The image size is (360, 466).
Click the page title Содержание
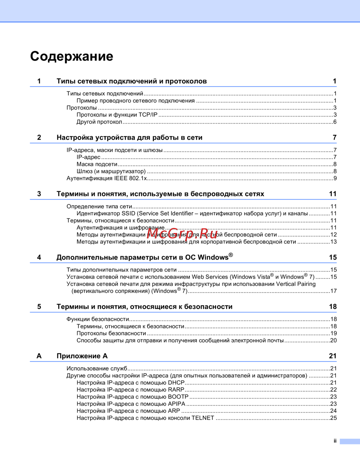[x=72, y=56]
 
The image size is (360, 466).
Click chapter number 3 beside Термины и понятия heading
[x=39, y=194]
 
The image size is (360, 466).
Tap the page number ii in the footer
[x=335, y=441]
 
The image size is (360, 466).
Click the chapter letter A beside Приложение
[x=39, y=356]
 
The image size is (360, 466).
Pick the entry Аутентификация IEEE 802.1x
[x=107, y=178]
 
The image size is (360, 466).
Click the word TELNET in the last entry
[x=203, y=418]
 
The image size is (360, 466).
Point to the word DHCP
[x=176, y=382]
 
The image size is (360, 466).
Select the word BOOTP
[x=178, y=396]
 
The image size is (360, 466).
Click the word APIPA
[x=176, y=404]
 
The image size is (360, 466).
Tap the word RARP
[x=176, y=390]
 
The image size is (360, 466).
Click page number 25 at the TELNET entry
[x=333, y=418]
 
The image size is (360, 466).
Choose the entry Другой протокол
[x=99, y=122]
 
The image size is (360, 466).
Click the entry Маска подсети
[x=97, y=164]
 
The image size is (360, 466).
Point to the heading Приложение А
[x=82, y=356]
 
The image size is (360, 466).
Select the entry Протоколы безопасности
[x=111, y=333]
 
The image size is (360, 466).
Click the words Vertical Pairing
[x=296, y=284]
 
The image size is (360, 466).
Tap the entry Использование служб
[x=97, y=368]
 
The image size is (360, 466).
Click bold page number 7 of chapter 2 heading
[x=334, y=137]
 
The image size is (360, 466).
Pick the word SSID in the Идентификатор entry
[x=129, y=214]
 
